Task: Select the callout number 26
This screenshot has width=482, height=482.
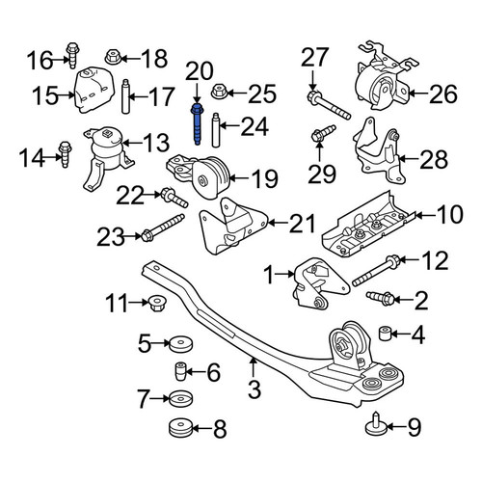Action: click(443, 94)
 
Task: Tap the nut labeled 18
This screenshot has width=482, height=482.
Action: click(113, 58)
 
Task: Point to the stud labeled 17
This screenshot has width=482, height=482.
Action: click(125, 96)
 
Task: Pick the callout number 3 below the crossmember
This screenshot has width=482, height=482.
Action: click(254, 388)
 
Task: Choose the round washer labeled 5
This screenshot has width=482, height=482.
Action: click(180, 344)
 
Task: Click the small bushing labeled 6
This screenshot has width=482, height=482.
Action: click(180, 371)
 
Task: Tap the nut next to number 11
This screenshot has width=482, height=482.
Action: click(157, 303)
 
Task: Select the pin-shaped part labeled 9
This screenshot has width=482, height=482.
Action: click(376, 425)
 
